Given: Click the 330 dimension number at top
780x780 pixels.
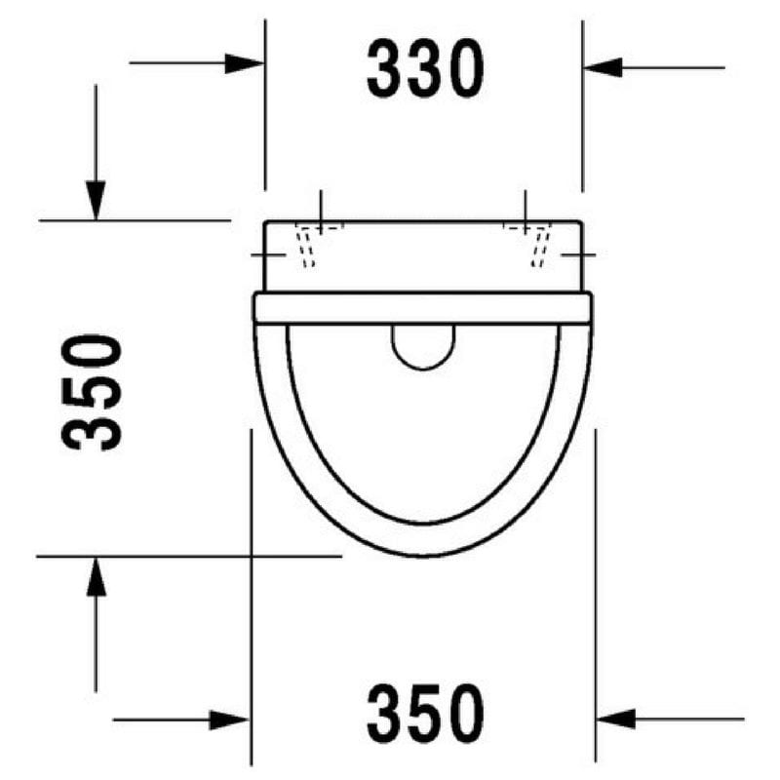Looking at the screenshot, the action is point(425,68).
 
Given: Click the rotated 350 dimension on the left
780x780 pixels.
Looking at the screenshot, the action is point(92,393).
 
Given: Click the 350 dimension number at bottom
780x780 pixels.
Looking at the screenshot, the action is point(425,714).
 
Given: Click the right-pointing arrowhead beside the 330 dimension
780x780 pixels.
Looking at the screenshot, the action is point(245,63).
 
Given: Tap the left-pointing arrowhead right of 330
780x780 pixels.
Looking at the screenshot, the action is point(603,67).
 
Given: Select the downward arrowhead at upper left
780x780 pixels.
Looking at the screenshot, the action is point(96,201).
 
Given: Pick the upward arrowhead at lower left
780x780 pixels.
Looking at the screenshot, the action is point(96,576).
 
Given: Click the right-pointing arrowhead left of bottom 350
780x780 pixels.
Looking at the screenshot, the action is point(229,720).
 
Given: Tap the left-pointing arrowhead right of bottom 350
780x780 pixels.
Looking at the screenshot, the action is point(615,719).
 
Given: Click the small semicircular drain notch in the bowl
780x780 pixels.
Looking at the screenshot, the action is point(423,369).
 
